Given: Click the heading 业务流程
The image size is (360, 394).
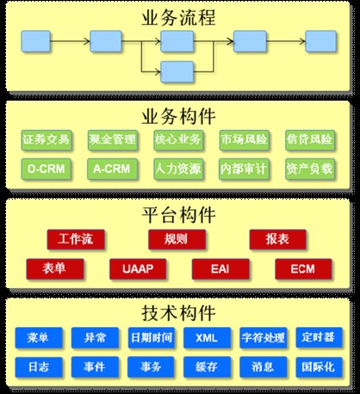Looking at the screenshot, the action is [178, 17].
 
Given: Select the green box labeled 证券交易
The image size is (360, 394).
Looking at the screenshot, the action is [46, 139].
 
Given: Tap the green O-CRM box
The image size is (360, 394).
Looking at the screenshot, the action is [46, 169].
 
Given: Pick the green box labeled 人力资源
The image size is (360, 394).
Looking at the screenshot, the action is [178, 169].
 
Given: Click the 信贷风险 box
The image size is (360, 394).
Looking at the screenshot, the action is [310, 139].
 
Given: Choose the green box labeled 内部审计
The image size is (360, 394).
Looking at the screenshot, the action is [244, 169].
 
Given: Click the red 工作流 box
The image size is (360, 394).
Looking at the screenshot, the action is [76, 239].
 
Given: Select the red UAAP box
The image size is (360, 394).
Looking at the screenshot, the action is [138, 268].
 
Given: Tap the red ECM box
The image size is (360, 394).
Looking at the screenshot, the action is [303, 268].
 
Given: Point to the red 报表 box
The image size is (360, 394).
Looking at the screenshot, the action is [277, 239].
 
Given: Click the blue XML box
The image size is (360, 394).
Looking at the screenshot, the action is [207, 337].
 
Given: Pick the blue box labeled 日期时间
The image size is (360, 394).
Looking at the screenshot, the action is [152, 337].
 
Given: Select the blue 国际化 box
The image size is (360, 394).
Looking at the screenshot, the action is [319, 366].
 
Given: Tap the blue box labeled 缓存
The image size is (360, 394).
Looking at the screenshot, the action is [207, 366].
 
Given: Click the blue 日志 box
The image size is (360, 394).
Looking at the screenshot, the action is [39, 366].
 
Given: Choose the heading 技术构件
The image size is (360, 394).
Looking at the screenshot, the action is [178, 312].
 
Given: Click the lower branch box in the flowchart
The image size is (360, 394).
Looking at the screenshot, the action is [177, 71].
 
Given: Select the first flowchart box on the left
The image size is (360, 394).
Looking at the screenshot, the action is [36, 41].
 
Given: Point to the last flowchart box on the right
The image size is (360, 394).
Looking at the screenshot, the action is [320, 41].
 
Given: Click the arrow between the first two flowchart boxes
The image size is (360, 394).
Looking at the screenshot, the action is [70, 41].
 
